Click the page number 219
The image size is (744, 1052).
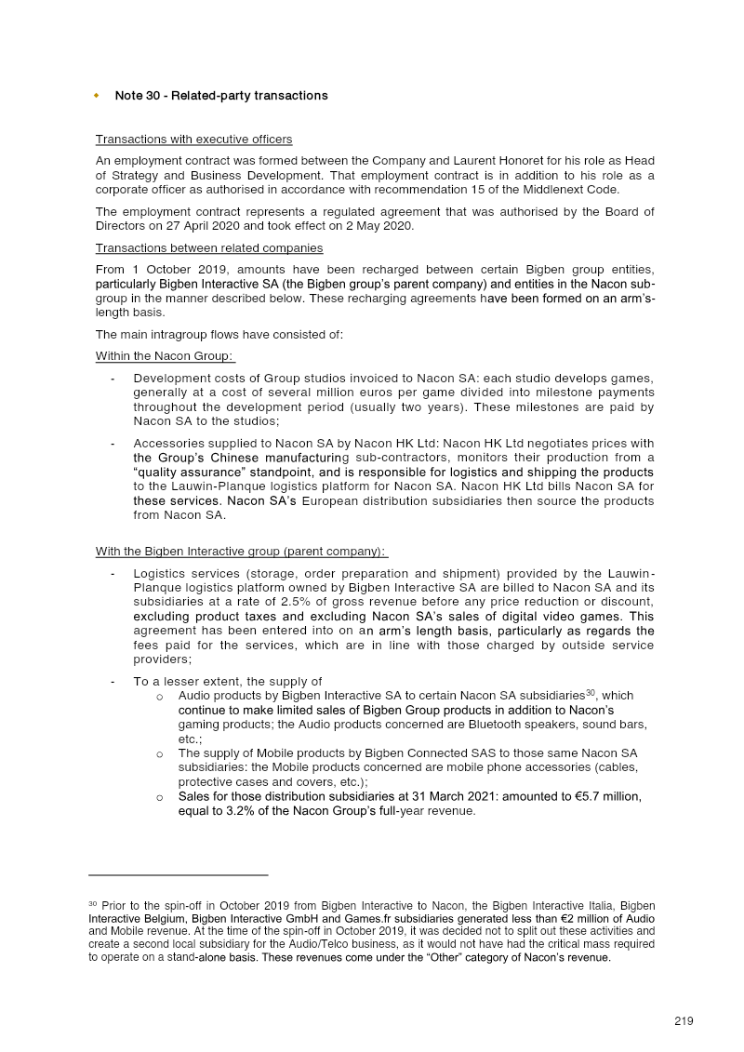pos(684,1021)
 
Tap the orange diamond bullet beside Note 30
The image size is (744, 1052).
pos(96,96)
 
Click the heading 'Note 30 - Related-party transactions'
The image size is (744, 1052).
pos(221,96)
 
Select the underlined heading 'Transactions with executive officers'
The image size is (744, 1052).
pos(193,140)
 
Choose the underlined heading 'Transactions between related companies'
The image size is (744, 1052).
pos(209,248)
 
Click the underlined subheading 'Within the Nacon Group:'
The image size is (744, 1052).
pos(165,356)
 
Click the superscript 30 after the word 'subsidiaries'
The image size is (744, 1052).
pos(591,692)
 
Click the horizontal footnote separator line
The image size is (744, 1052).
pos(178,875)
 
